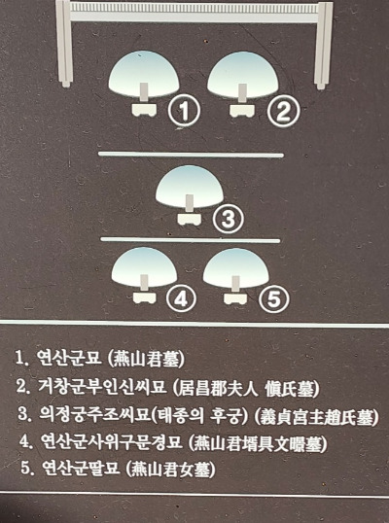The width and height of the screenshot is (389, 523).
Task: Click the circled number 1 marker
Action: (x=184, y=110)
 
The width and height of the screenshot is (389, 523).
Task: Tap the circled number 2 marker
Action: (x=283, y=111)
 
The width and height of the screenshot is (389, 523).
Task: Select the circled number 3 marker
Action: (x=229, y=219)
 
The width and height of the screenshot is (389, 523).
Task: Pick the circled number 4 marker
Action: (x=181, y=298)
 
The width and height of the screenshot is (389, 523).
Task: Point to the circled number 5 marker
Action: (x=274, y=298)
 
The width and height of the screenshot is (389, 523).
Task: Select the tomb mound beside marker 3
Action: (x=190, y=185)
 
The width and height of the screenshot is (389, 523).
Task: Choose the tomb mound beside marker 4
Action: (x=144, y=265)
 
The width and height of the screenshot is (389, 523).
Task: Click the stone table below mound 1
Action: (x=144, y=110)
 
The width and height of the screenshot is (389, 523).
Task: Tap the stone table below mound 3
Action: (x=190, y=219)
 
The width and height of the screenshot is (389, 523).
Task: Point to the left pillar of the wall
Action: (x=64, y=44)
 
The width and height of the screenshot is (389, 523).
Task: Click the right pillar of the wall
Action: (x=323, y=45)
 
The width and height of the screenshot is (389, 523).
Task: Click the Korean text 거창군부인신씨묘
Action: (x=102, y=386)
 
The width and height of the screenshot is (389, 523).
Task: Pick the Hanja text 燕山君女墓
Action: (x=171, y=470)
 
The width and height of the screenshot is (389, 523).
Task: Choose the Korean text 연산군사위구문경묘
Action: (x=112, y=441)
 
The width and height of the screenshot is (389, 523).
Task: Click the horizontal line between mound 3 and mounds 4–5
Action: (x=191, y=240)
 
